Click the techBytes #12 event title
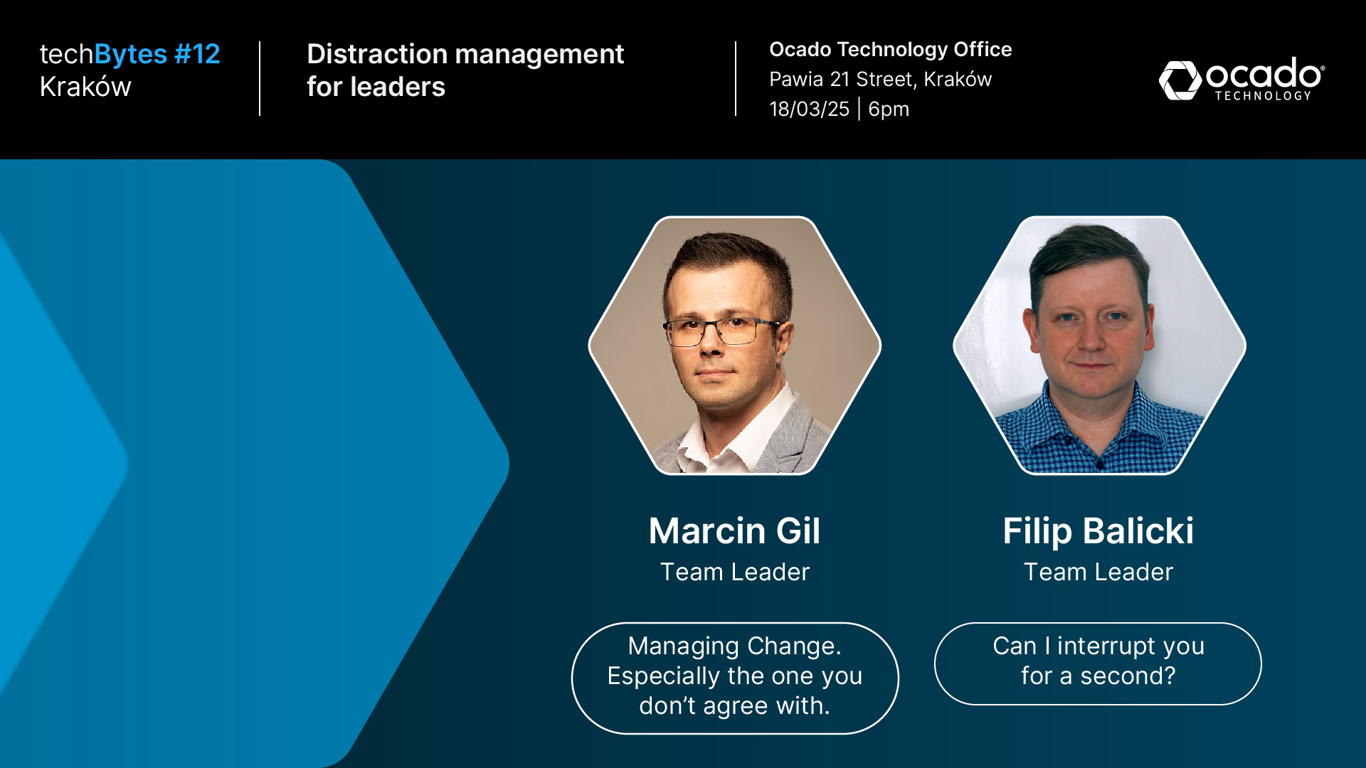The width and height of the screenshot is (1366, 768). tap(129, 54)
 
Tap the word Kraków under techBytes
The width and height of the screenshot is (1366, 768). tap(85, 87)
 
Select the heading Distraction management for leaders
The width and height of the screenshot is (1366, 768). tap(465, 70)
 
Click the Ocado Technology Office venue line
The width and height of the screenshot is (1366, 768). tap(890, 49)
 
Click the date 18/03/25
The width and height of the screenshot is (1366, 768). tap(809, 109)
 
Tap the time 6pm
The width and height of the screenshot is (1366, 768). tap(889, 110)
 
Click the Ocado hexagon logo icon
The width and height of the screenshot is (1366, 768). tap(1180, 80)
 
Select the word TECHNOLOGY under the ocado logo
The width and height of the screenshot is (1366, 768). tap(1263, 96)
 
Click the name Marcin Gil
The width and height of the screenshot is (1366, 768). tap(734, 530)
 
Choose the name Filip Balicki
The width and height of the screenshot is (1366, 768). tap(1098, 530)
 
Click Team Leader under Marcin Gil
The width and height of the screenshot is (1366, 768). tap(735, 572)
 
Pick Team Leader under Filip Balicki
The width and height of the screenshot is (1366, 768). tap(1098, 572)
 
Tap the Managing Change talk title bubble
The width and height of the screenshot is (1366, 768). tap(735, 678)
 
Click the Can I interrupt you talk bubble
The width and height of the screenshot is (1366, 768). tap(1098, 663)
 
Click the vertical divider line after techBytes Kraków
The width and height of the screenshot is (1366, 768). tap(260, 78)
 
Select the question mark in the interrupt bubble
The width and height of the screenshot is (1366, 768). tap(1168, 676)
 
